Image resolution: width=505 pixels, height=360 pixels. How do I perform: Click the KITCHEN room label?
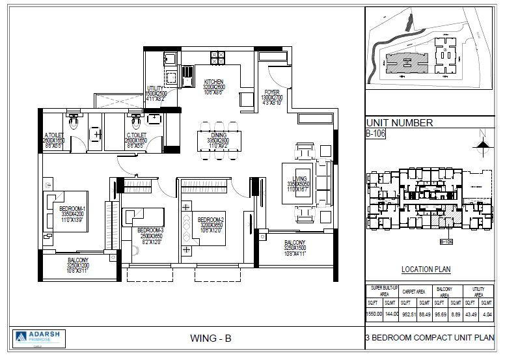coord(213,81)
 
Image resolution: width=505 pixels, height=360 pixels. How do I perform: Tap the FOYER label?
coord(271,92)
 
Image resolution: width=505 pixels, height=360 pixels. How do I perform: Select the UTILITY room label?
coord(156,88)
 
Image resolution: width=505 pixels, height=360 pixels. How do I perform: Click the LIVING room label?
coord(299,178)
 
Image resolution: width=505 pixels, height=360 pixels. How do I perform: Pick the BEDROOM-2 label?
coord(211,219)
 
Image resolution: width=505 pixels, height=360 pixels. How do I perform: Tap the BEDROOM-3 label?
coord(150,230)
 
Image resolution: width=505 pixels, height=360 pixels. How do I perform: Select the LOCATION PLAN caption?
coord(426,270)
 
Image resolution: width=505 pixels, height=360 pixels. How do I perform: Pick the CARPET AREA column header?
coord(413,292)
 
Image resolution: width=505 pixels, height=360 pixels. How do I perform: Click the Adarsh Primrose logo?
coord(38,337)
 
